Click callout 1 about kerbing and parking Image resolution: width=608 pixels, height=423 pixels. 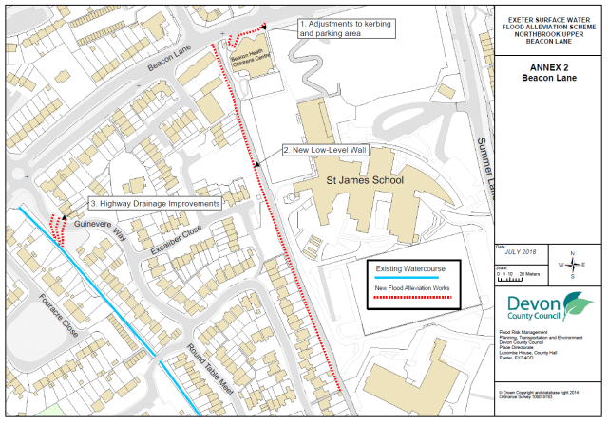tap(343, 28)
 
